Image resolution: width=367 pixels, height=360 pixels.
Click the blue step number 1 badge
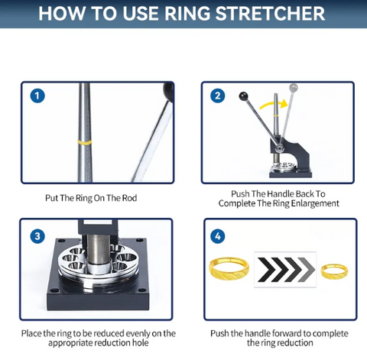click(x=37, y=96)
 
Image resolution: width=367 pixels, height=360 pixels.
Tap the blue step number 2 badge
click(x=218, y=96)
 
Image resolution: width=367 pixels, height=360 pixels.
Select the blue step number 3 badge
click(x=37, y=236)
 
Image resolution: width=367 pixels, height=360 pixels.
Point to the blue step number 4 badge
click(x=218, y=236)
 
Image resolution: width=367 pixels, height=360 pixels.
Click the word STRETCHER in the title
click(x=270, y=14)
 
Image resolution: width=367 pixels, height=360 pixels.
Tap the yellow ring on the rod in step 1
click(x=85, y=142)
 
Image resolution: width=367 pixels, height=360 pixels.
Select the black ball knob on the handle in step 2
click(x=243, y=96)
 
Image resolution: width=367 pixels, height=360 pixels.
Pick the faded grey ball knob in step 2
click(x=294, y=88)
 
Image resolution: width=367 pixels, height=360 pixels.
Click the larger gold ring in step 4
click(x=229, y=268)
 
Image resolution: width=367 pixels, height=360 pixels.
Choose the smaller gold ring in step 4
click(x=334, y=271)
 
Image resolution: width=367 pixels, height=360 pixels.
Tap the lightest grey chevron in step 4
click(x=307, y=269)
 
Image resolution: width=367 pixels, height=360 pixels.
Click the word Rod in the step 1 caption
click(x=129, y=198)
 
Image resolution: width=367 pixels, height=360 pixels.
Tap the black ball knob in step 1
click(x=168, y=92)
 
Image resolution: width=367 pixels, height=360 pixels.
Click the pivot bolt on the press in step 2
click(x=279, y=148)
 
